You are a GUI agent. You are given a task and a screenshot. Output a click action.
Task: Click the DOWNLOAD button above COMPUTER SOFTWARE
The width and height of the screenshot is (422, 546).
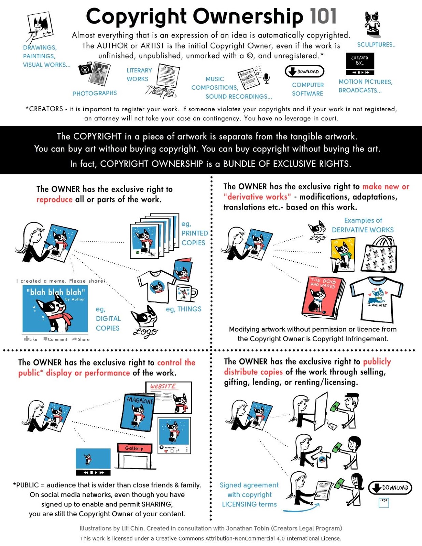(x=304, y=71)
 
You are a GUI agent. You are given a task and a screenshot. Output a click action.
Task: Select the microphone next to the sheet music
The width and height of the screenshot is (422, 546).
(x=267, y=78)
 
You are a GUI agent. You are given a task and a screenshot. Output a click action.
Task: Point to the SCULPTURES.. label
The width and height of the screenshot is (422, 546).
(x=376, y=45)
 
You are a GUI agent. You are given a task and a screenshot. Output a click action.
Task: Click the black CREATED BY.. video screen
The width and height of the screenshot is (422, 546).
(x=360, y=61)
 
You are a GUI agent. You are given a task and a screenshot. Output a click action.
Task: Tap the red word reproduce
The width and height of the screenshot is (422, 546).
(x=55, y=200)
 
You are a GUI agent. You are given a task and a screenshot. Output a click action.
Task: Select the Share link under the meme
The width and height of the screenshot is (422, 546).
(x=81, y=339)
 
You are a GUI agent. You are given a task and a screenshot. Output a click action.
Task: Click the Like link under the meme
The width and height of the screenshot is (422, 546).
(x=31, y=339)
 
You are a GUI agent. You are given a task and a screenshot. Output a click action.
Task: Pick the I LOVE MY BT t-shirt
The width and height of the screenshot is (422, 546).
(x=376, y=299)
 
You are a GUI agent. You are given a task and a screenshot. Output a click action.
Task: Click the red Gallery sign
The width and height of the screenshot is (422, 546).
(x=134, y=448)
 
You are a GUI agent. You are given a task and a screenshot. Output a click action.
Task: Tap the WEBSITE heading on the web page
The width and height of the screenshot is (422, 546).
(x=164, y=386)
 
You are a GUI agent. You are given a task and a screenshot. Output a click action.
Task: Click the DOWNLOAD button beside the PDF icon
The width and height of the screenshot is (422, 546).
(x=390, y=488)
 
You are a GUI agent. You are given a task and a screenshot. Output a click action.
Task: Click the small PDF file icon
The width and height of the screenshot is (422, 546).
(x=383, y=503)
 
